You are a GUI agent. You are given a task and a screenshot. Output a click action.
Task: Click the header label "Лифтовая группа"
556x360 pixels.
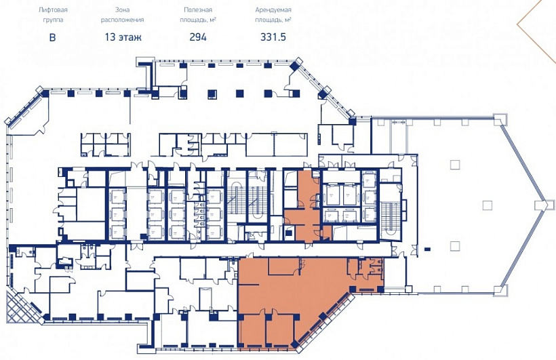pyautogui.click(x=53, y=15)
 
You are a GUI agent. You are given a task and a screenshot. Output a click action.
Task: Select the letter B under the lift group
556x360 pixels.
pyautogui.click(x=52, y=37)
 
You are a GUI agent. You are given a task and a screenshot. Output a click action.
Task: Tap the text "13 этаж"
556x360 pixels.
pyautogui.click(x=123, y=37)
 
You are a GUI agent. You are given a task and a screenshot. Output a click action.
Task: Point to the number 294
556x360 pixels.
pyautogui.click(x=198, y=37)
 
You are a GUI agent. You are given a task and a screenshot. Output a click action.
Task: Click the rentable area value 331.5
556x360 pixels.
pyautogui.click(x=273, y=37)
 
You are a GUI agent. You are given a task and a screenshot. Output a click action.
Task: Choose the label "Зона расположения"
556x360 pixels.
pyautogui.click(x=122, y=15)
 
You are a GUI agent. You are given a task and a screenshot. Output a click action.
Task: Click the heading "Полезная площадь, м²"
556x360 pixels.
pyautogui.click(x=198, y=15)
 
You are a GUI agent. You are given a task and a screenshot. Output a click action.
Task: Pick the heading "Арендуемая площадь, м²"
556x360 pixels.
pyautogui.click(x=273, y=15)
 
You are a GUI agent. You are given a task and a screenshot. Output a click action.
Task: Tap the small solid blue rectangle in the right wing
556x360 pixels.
pyautogui.click(x=427, y=249)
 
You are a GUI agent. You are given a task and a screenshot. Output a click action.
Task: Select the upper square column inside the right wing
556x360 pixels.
pyautogui.click(x=455, y=165)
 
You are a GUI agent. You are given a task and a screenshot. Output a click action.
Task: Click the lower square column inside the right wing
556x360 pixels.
pyautogui.click(x=455, y=246)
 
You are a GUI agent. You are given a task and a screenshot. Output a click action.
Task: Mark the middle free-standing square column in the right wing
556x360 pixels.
pyautogui.click(x=488, y=205)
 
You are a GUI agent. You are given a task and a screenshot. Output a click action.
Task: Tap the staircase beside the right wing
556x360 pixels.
pyautogui.click(x=390, y=220)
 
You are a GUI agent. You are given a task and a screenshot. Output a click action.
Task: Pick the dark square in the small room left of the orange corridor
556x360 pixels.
pyautogui.click(x=289, y=233)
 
